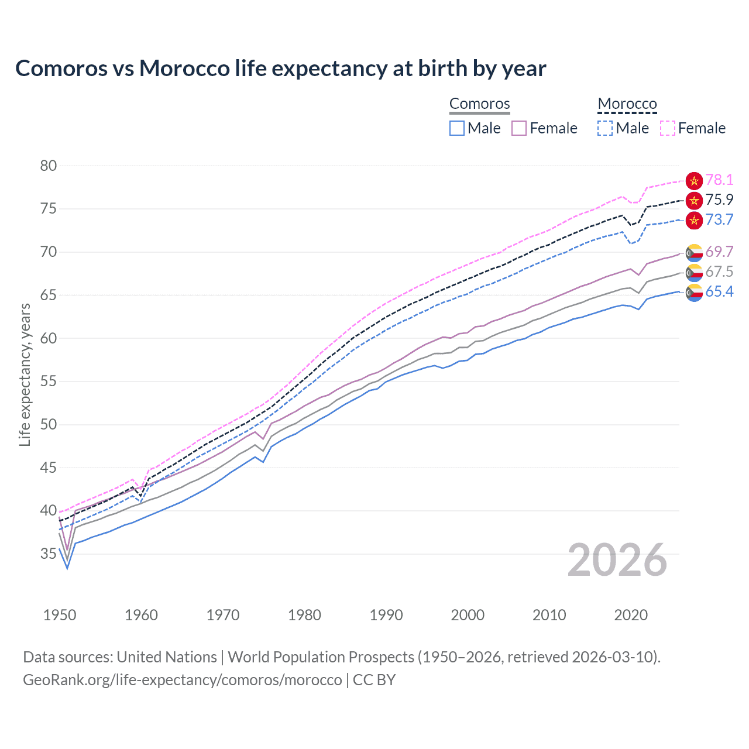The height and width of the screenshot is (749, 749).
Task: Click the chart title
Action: click(x=281, y=68)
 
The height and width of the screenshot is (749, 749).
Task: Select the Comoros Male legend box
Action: click(x=457, y=128)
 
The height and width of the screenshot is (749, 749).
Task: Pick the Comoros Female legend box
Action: click(x=519, y=128)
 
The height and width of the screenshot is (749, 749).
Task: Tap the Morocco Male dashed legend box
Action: click(x=605, y=128)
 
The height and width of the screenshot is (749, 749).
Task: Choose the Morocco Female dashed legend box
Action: click(x=668, y=128)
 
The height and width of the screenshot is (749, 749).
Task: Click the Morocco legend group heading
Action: click(x=627, y=104)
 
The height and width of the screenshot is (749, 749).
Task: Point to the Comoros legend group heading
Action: click(x=480, y=104)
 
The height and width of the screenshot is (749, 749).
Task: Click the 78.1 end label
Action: click(x=719, y=180)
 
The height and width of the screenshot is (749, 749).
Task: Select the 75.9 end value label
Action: click(x=719, y=200)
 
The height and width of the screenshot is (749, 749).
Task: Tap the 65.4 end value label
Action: click(x=719, y=292)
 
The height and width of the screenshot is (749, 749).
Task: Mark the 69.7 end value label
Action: click(x=719, y=252)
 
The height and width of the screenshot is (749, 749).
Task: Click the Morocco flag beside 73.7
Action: click(x=694, y=221)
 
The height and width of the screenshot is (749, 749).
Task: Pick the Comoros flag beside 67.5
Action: click(x=694, y=272)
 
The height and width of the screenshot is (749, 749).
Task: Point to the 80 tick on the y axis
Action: click(x=49, y=166)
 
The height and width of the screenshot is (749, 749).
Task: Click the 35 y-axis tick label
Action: click(x=49, y=554)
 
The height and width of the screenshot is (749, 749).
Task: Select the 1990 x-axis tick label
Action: click(x=386, y=615)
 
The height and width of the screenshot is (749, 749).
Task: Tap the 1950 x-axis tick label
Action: click(x=60, y=615)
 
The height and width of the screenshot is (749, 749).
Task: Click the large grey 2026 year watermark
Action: click(x=617, y=561)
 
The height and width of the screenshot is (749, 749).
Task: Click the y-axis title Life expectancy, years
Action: click(x=25, y=374)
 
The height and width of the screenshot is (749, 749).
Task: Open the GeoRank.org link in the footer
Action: click(x=183, y=680)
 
